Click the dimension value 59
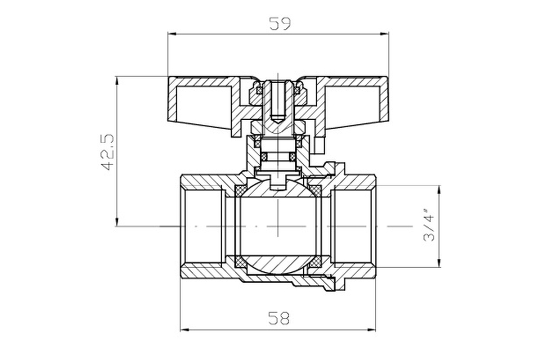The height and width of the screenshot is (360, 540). pyautogui.click(x=280, y=24)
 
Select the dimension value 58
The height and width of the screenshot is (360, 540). pyautogui.click(x=279, y=318)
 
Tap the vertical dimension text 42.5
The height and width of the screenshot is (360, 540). pyautogui.click(x=107, y=152)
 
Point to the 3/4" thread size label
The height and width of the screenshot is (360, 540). pyautogui.click(x=428, y=225)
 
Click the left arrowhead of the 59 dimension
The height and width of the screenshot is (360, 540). pyautogui.click(x=172, y=34)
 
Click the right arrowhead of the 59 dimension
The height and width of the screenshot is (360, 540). pyautogui.click(x=384, y=34)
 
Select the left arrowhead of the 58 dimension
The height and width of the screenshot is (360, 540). pyautogui.click(x=184, y=330)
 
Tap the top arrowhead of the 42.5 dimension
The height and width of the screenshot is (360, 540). pyautogui.click(x=117, y=81)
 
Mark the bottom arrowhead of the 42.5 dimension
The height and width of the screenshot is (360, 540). pyautogui.click(x=117, y=222)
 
